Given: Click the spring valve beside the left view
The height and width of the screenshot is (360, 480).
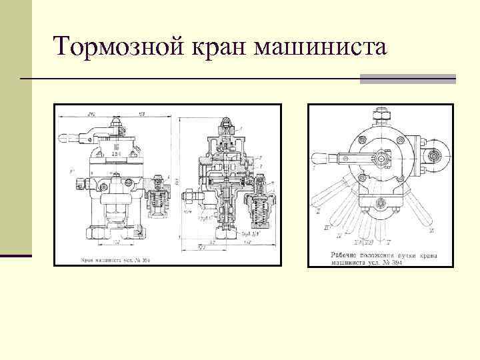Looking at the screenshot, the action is [157, 197].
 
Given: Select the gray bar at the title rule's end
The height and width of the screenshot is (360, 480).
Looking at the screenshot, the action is [407, 79].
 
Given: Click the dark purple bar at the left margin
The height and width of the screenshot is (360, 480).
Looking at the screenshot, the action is [16, 255].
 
